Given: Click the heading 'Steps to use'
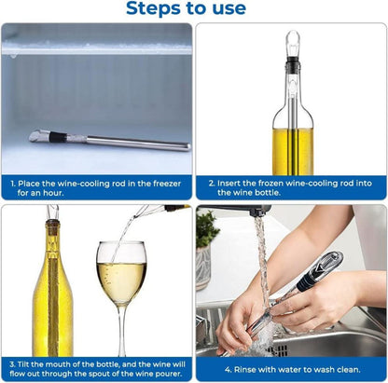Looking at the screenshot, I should pyautogui.click(x=193, y=9).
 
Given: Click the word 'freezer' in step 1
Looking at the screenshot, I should pyautogui.click(x=167, y=183).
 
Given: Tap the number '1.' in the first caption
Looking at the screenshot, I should pyautogui.click(x=14, y=183).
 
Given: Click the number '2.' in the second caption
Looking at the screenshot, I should pyautogui.click(x=213, y=183).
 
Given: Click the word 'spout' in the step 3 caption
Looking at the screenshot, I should pyautogui.click(x=94, y=373).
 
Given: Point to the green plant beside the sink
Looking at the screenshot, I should pyautogui.click(x=206, y=228).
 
